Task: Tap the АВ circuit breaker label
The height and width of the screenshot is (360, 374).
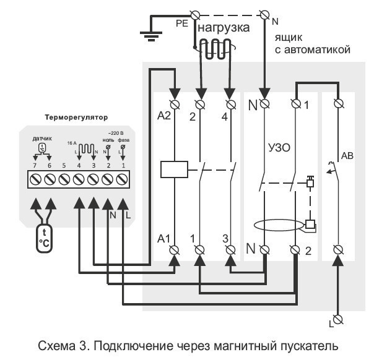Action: point(347,156)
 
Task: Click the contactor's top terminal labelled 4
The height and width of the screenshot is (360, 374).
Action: point(231,102)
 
